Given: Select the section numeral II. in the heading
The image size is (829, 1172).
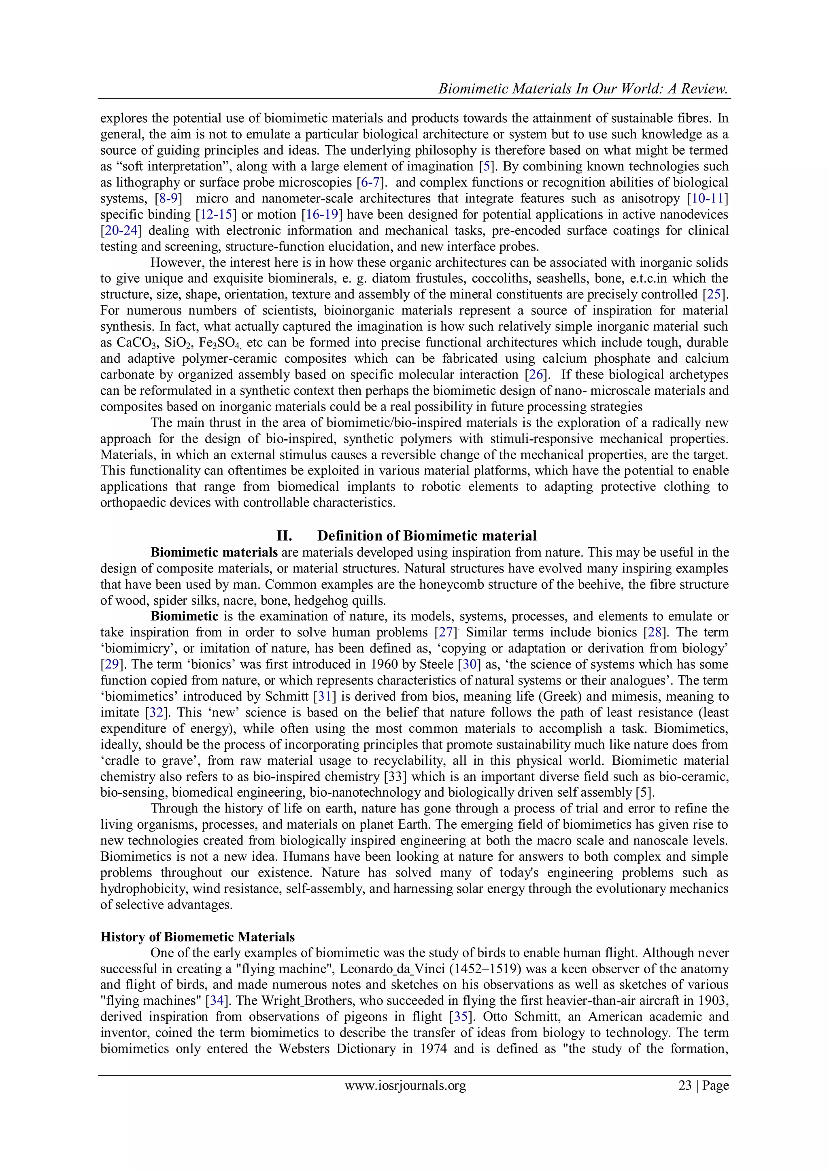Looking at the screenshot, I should pos(284,536).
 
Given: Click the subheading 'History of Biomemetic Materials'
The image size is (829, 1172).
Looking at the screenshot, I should pos(198,937).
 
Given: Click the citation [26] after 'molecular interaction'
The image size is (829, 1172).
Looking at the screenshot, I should pos(536,374).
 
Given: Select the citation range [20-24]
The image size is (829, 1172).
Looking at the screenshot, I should pos(121,231).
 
